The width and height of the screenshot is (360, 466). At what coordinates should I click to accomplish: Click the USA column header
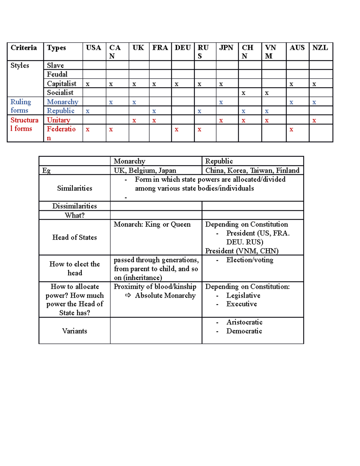click(93, 48)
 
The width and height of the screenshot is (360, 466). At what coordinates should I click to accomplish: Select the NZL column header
click(320, 48)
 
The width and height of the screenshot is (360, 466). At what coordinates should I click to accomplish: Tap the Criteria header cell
click(24, 48)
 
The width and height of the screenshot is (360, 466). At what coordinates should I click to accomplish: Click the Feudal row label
click(57, 74)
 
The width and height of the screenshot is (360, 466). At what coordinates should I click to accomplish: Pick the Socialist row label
click(60, 92)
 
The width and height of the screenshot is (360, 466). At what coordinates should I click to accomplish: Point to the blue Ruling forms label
click(20, 106)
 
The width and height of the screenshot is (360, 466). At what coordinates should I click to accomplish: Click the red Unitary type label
click(58, 120)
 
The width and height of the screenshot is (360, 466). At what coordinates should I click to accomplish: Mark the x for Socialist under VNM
click(267, 93)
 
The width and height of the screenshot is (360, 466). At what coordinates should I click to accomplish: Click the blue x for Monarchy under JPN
click(221, 102)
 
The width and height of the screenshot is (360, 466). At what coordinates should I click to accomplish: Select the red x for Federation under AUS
click(291, 130)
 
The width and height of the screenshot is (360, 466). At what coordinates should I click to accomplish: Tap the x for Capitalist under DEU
click(176, 84)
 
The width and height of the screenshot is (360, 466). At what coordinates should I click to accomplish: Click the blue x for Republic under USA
click(88, 111)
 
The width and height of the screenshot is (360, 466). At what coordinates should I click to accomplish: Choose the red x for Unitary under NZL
click(314, 121)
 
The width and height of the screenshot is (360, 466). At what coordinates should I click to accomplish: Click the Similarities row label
click(74, 188)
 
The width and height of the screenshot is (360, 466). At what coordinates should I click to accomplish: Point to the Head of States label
click(74, 237)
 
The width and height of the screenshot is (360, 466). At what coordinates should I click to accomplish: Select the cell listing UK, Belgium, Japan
click(145, 170)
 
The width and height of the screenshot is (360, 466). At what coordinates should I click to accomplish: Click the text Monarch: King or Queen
click(152, 224)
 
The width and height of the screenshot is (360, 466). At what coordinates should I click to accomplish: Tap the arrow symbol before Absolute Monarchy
click(128, 296)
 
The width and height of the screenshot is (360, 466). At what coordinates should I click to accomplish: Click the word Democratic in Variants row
click(244, 331)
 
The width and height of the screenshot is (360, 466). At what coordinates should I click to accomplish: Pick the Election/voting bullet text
click(250, 260)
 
